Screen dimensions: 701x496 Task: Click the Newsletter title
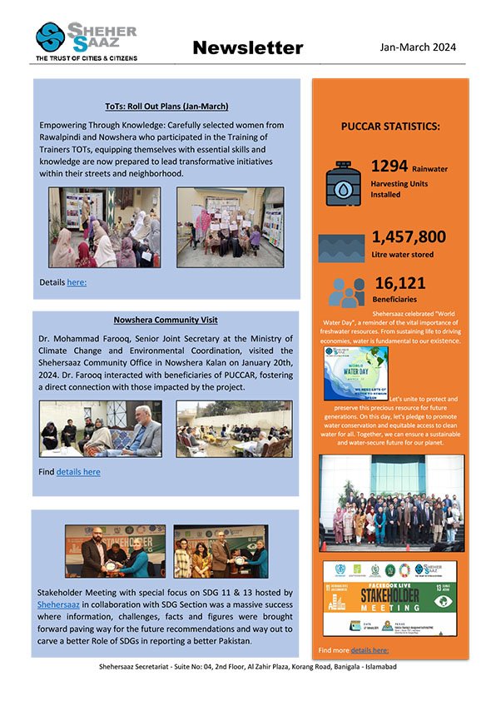[247, 48]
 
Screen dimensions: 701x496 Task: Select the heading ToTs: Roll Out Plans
[166, 107]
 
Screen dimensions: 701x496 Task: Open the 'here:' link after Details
[77, 282]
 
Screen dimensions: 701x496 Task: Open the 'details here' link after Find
[78, 471]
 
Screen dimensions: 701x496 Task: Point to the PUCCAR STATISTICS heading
[390, 127]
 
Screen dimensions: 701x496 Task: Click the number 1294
[389, 167]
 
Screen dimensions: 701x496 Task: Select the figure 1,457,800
[409, 236]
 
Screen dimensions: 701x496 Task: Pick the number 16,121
[400, 283]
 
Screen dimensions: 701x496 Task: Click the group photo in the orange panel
[390, 500]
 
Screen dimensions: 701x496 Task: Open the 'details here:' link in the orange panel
[370, 649]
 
